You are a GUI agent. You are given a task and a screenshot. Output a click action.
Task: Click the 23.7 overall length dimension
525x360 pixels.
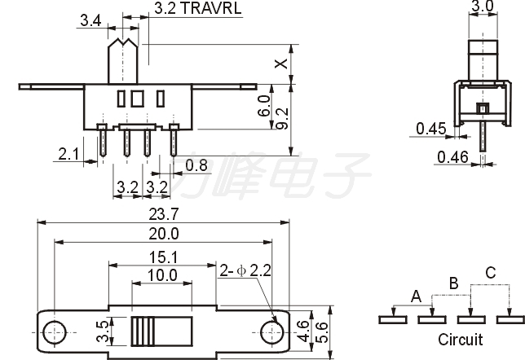(164, 214)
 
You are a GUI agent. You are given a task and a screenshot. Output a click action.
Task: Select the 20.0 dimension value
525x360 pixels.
(164, 234)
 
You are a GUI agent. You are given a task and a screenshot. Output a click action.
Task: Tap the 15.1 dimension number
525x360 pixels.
(163, 257)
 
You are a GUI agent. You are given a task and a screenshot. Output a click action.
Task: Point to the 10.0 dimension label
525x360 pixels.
(162, 275)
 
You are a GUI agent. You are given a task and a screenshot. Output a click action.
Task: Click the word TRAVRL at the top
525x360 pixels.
(211, 8)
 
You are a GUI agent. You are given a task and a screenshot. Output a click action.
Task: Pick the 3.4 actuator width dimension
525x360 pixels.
(90, 20)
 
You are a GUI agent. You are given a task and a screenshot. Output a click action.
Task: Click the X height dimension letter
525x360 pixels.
(281, 64)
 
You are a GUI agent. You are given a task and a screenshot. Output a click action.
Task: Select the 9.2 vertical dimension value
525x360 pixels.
(283, 118)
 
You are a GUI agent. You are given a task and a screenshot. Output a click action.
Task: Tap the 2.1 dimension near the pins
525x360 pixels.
(68, 154)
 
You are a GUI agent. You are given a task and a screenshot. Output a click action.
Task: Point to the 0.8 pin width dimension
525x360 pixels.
(196, 165)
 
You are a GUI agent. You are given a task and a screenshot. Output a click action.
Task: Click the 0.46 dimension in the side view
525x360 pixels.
(452, 157)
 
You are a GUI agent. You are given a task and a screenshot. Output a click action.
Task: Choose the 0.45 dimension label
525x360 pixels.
(431, 129)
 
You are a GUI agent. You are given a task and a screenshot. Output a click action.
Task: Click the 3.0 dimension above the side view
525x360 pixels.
(483, 6)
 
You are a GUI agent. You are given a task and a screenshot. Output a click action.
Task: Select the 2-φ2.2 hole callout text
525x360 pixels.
(245, 270)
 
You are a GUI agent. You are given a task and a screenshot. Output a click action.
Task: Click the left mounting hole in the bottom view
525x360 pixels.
(55, 332)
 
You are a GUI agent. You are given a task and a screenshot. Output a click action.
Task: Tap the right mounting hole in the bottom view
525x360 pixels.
(272, 332)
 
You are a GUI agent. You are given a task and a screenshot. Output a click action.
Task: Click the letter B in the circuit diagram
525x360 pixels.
(454, 283)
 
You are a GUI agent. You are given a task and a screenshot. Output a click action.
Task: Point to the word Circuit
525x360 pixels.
(461, 340)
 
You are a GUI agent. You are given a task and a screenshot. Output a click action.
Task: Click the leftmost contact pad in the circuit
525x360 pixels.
(393, 319)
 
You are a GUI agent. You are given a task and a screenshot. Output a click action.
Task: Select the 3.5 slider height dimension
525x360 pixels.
(103, 331)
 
